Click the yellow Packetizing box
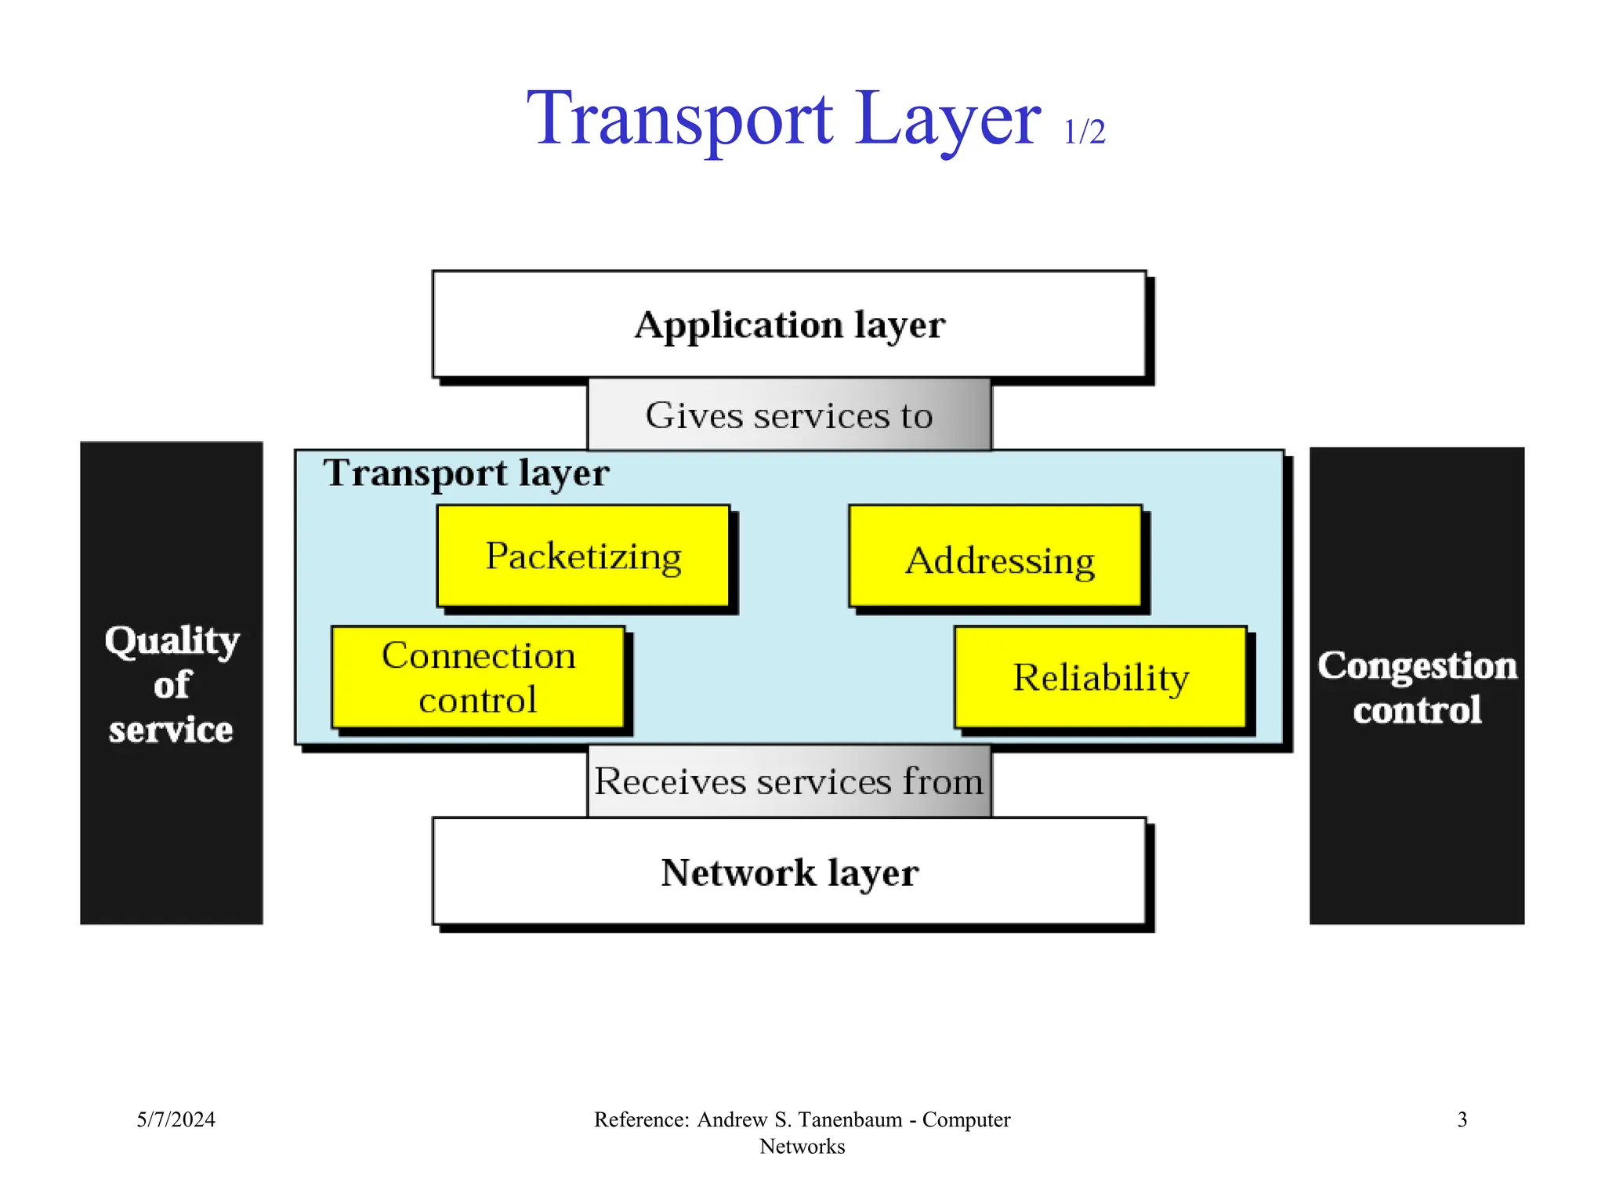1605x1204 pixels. [583, 556]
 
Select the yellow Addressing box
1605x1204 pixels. [995, 557]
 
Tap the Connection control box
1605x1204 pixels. [478, 677]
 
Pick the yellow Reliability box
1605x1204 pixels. [1100, 677]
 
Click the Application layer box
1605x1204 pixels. [789, 325]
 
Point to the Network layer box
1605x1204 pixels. [789, 872]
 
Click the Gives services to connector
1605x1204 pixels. [789, 415]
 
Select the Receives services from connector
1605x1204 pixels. [789, 782]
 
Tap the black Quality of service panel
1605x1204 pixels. [171, 823]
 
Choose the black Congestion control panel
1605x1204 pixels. [1417, 823]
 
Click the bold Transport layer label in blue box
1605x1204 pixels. [466, 473]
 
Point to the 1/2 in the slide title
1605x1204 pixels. [1084, 132]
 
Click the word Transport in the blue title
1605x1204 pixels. [679, 119]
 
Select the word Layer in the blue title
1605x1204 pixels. [948, 119]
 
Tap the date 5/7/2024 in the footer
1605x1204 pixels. [176, 1119]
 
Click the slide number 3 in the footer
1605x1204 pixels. [1462, 1119]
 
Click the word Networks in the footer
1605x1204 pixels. [802, 1147]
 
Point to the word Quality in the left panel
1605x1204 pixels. [172, 640]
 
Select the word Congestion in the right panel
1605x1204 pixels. [1417, 665]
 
